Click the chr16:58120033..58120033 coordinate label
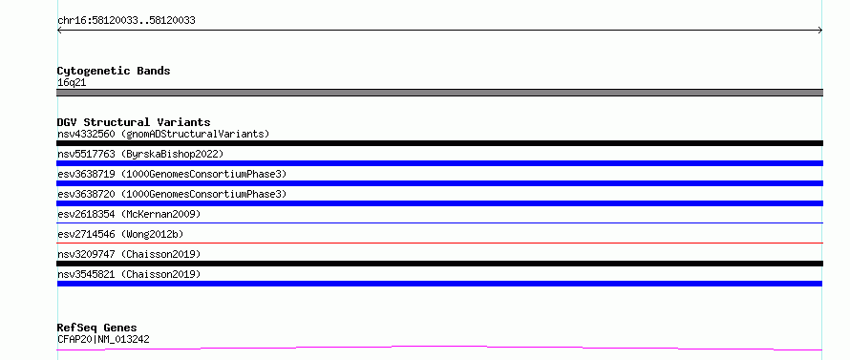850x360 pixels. pos(126,21)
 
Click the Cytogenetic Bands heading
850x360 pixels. pos(114,71)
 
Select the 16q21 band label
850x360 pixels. pos(72,83)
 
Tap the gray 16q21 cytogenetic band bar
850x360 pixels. pos(439,93)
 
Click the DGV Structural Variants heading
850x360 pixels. pos(134,122)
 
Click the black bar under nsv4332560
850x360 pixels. pos(439,143)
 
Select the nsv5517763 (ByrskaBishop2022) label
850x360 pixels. pos(140,154)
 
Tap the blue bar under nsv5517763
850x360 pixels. pos(439,163)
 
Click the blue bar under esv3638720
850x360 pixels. pos(439,203)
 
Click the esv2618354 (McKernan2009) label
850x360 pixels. pos(129,214)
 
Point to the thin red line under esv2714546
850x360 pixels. pos(439,243)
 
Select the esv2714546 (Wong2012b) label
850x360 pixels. pos(120,234)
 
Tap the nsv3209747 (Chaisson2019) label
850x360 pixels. pos(129,254)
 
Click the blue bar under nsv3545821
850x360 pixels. pos(439,284)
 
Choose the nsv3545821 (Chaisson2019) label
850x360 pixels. pos(129,274)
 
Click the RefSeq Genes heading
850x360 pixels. pos(96,328)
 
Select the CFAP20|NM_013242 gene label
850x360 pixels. pos(103,339)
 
